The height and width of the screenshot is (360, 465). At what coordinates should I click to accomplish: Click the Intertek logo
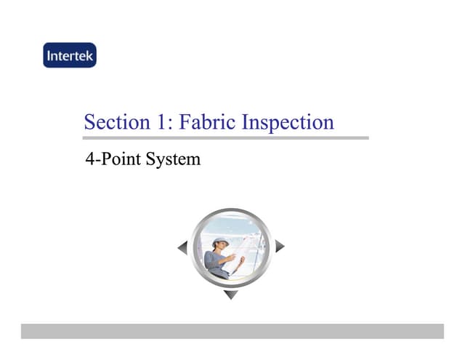tap(69, 55)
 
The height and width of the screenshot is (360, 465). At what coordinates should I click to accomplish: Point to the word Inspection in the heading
tap(288, 123)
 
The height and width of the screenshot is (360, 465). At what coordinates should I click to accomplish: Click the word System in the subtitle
tap(173, 158)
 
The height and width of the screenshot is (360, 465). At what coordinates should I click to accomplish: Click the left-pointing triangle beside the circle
tap(182, 248)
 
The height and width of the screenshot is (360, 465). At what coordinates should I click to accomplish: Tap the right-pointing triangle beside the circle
tap(280, 247)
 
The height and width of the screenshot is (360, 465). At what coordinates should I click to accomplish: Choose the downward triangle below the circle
tap(230, 295)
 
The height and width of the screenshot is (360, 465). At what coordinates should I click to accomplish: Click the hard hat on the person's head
tap(220, 239)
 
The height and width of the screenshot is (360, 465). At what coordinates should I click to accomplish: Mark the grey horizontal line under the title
tap(226, 137)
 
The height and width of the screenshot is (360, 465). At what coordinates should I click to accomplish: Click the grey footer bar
tap(232, 331)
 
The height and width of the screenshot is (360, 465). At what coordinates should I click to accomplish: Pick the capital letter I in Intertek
tap(49, 55)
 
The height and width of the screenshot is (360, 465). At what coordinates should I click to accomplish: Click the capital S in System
tap(151, 158)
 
